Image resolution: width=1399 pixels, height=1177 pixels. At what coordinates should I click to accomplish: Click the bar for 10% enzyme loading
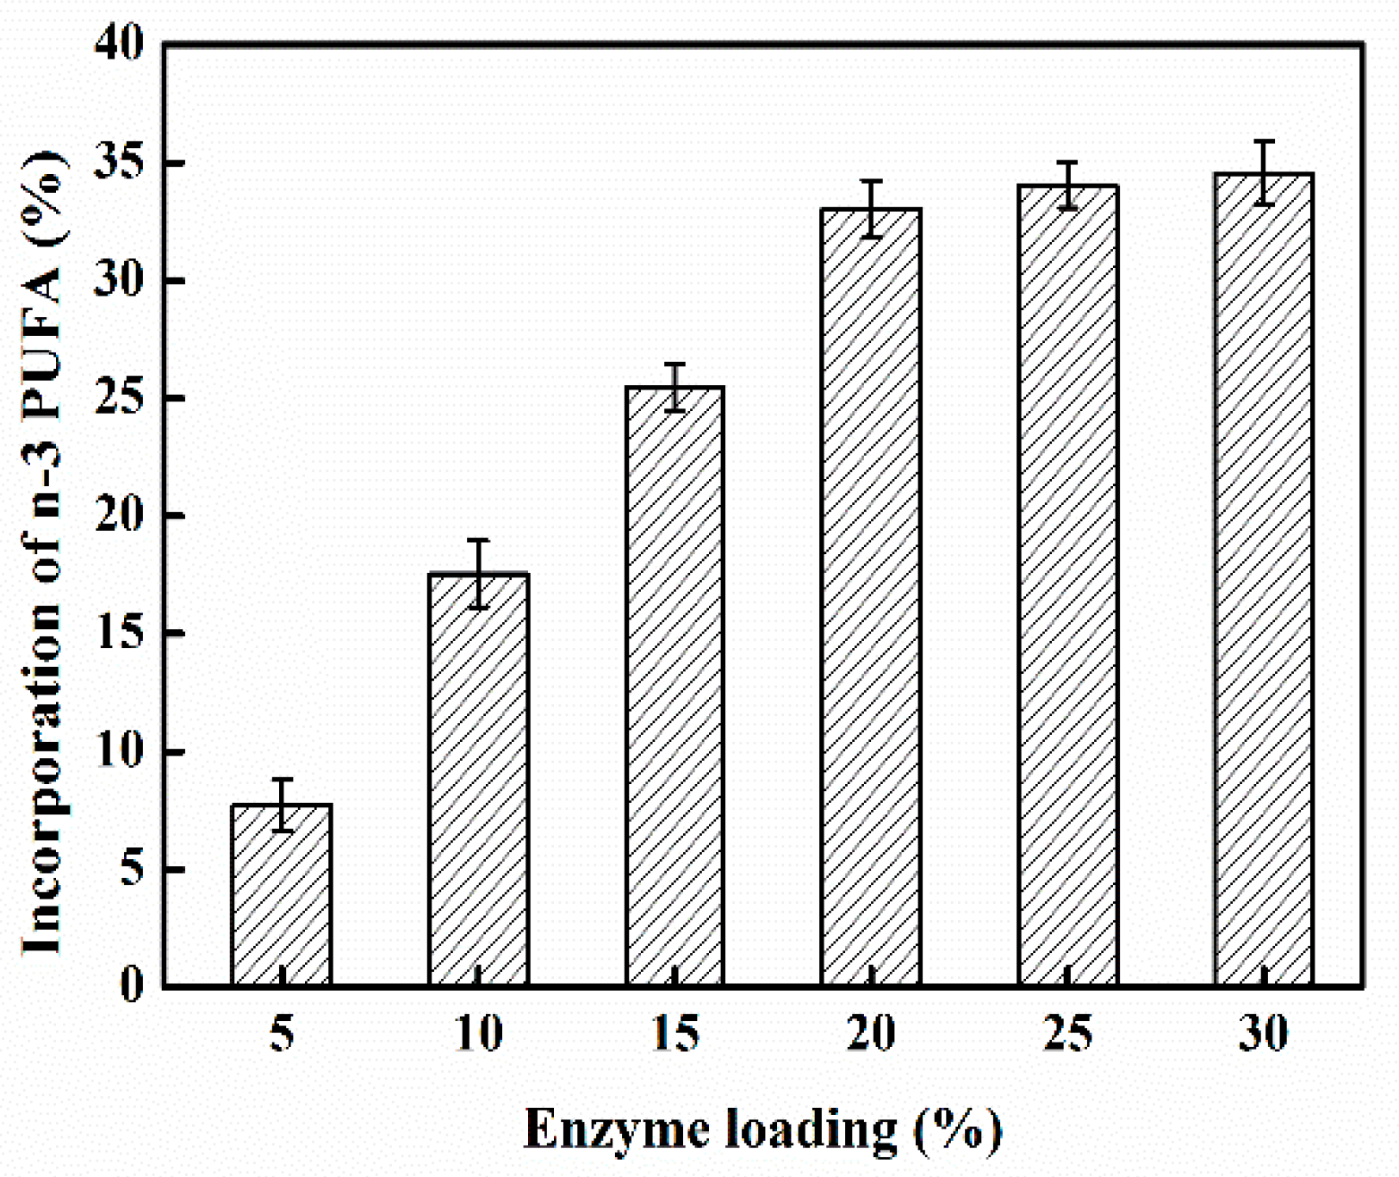click(x=478, y=779)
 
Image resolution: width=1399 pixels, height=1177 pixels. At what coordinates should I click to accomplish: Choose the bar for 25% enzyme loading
click(x=1068, y=585)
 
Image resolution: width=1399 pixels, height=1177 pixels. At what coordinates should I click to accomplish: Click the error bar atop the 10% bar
click(x=478, y=574)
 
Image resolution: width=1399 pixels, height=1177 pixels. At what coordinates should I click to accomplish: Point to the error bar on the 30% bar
click(x=1264, y=172)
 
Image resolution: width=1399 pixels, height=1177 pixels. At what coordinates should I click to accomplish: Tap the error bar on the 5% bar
click(x=282, y=805)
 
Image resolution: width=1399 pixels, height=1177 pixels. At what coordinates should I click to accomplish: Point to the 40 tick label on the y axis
click(x=119, y=43)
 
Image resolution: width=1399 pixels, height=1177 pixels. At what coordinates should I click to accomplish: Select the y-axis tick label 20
click(x=119, y=515)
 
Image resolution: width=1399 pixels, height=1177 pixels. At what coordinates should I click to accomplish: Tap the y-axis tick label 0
click(x=131, y=984)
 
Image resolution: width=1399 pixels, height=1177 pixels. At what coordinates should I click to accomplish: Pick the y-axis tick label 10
click(x=119, y=751)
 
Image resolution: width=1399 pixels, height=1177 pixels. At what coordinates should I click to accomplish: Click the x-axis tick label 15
click(x=675, y=1033)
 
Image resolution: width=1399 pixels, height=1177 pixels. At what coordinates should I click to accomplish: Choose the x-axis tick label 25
click(x=1068, y=1033)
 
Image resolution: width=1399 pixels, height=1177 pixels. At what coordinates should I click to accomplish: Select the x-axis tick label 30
click(x=1264, y=1033)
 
